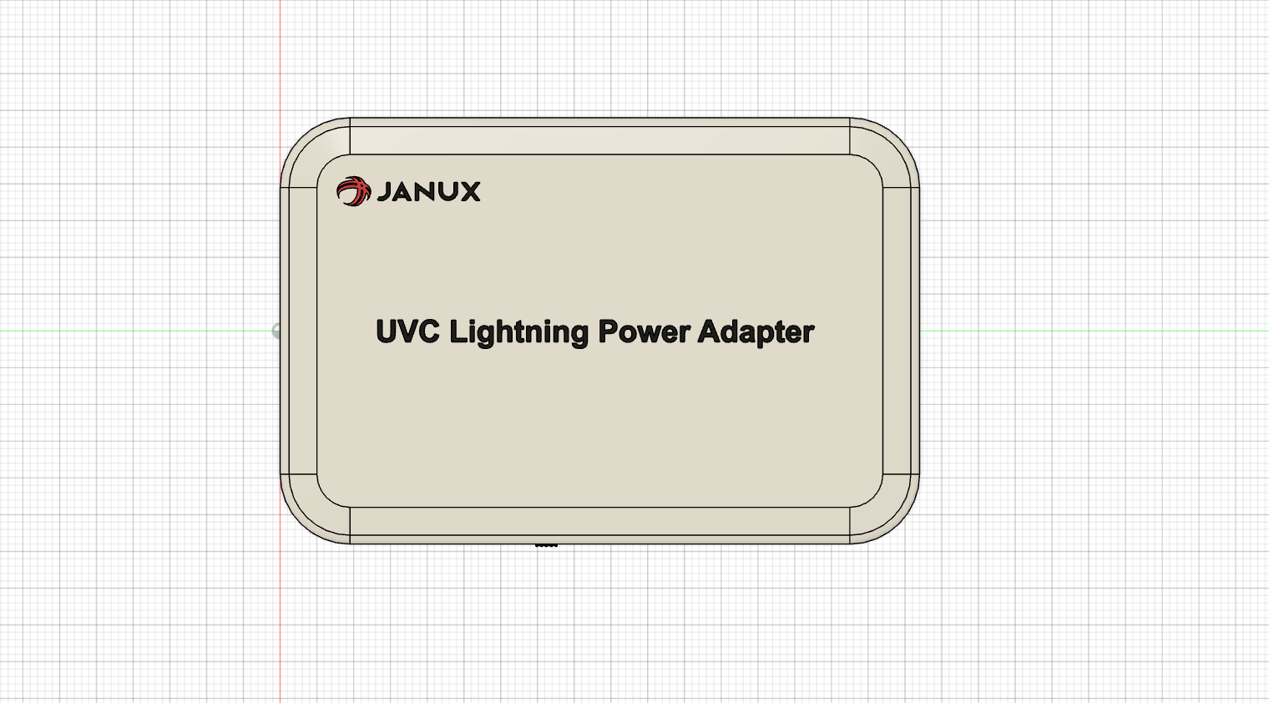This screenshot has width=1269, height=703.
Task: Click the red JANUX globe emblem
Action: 352,191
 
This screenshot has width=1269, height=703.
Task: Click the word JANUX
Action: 428,192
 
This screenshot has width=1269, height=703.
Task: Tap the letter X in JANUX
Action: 468,192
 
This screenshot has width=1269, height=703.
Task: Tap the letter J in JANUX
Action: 384,192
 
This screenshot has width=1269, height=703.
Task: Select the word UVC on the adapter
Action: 407,331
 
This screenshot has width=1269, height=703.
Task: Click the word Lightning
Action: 518,332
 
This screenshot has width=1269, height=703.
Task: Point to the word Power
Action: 644,331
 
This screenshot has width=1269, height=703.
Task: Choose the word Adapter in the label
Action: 756,332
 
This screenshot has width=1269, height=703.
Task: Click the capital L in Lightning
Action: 458,331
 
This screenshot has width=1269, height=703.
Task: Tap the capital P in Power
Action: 607,331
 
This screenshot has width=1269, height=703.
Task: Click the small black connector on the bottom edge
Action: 546,545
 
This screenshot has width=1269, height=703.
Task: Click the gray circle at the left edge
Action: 276,331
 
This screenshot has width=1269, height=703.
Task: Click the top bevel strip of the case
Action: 599,136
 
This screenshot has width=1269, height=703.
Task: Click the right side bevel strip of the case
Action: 901,331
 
